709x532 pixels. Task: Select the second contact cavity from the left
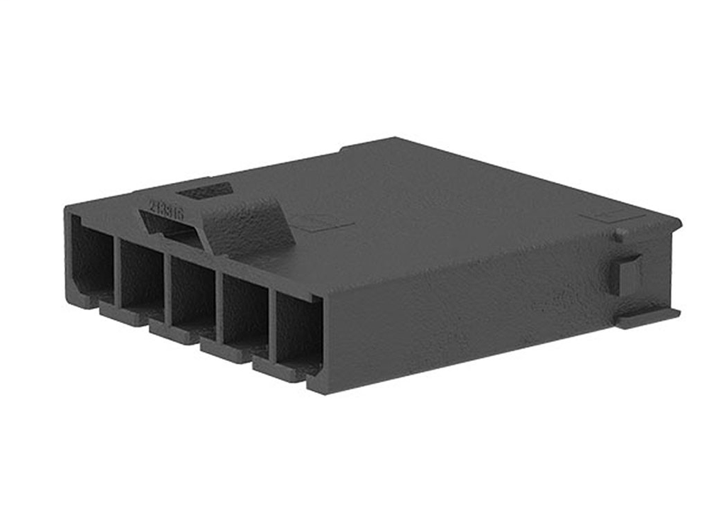[142, 273]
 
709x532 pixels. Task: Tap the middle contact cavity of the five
[192, 291]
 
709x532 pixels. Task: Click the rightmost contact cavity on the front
[298, 330]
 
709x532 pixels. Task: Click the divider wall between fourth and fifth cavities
[272, 323]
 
